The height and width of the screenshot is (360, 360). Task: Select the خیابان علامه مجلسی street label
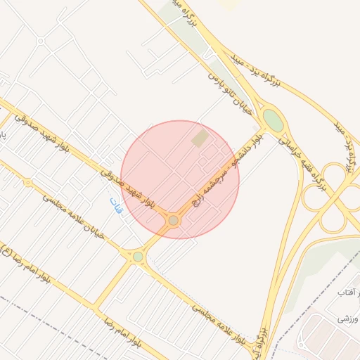pyautogui.click(x=73, y=217)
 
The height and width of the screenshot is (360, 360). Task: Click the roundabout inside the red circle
pyautogui.click(x=173, y=221)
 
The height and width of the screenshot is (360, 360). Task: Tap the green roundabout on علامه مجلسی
pyautogui.click(x=138, y=257)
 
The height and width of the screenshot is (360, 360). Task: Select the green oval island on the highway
pyautogui.click(x=273, y=121)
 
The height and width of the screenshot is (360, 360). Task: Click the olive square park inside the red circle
pyautogui.click(x=200, y=139)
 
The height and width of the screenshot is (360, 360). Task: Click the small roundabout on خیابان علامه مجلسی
pyautogui.click(x=28, y=183)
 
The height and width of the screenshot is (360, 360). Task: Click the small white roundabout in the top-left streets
pyautogui.click(x=41, y=41)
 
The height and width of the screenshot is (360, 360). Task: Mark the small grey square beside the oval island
pyautogui.click(x=255, y=129)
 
